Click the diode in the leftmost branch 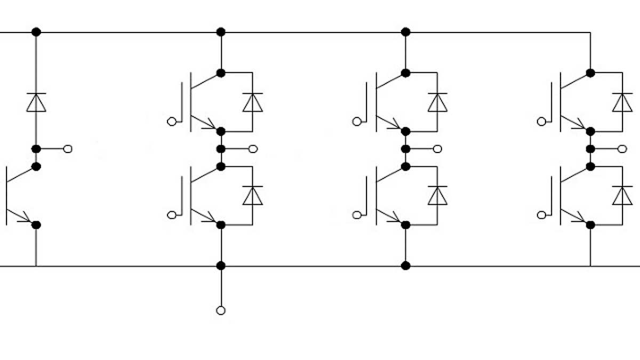(36, 102)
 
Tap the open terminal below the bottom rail (221, 310)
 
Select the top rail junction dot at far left (36, 32)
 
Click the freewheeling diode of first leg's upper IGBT (253, 102)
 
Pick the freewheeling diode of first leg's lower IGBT (253, 195)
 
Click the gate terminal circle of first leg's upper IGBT (172, 122)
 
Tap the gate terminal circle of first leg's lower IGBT (172, 215)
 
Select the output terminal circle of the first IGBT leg (253, 149)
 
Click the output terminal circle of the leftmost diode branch (68, 149)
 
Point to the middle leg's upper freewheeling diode (438, 102)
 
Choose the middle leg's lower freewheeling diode (438, 195)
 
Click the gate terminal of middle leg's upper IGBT (357, 122)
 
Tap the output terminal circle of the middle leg (438, 149)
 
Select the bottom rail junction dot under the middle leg (406, 265)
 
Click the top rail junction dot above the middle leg (406, 32)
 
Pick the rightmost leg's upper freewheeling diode (622, 102)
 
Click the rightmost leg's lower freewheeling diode (622, 195)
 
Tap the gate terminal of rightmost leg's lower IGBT (541, 215)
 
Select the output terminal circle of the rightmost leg (622, 149)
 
